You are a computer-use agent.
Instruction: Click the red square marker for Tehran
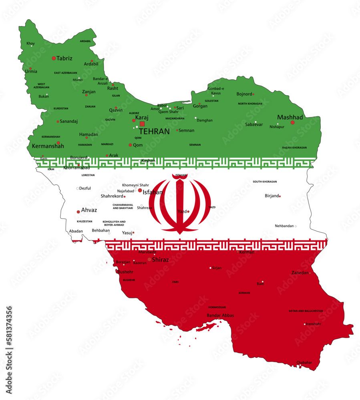click(x=142, y=124)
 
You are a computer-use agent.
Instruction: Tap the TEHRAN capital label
click(x=154, y=131)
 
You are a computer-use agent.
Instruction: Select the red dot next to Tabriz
click(x=54, y=58)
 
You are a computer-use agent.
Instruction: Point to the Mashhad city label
click(x=290, y=117)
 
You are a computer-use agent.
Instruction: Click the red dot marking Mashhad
click(x=292, y=122)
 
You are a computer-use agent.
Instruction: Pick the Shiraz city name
click(x=160, y=260)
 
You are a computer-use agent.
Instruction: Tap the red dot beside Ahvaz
click(x=78, y=212)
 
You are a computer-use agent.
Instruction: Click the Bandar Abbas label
click(x=220, y=315)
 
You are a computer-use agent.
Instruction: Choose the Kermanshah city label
click(x=48, y=146)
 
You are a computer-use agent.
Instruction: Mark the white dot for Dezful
click(x=77, y=188)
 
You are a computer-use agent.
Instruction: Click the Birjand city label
click(x=271, y=196)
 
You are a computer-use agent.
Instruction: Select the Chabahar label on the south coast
click(x=304, y=362)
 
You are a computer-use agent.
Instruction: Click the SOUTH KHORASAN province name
click(x=264, y=182)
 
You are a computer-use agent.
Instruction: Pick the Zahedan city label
click(x=300, y=273)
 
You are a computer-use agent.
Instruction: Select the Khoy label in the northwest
click(x=30, y=43)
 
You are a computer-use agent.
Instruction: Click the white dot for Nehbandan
click(x=296, y=226)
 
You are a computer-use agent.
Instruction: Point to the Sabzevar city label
click(x=254, y=124)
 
